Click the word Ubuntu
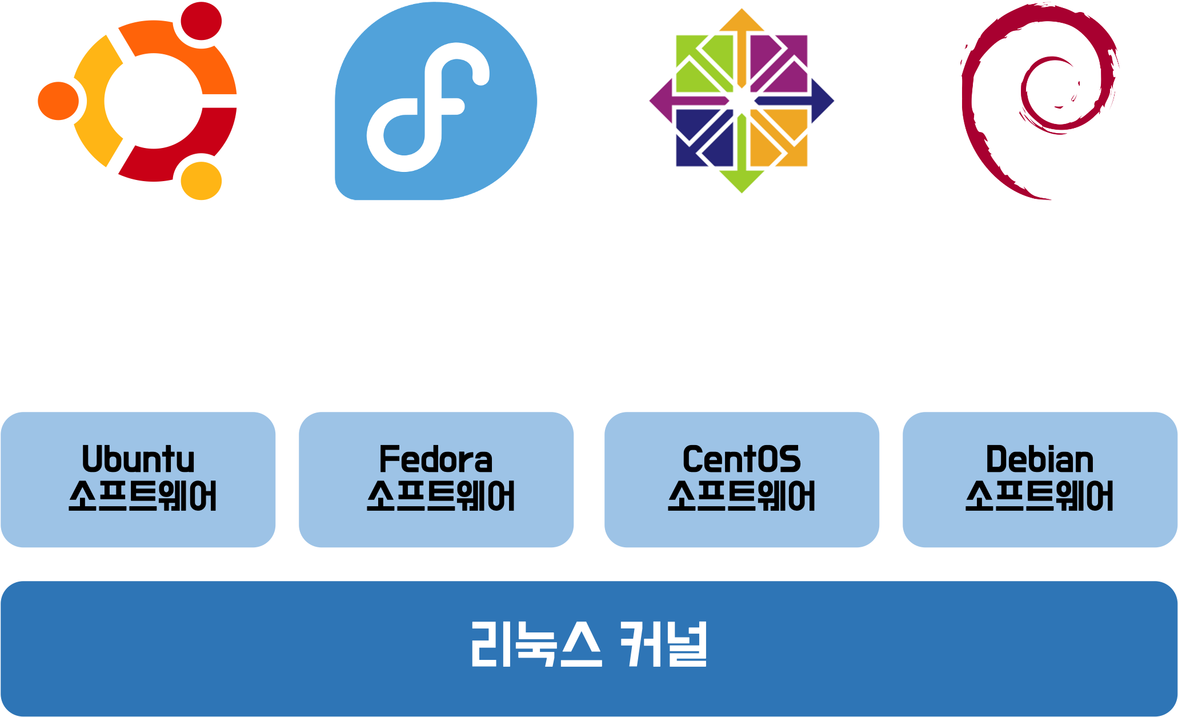click(x=138, y=459)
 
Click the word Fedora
click(x=435, y=459)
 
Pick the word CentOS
click(x=742, y=459)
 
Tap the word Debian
click(x=1039, y=459)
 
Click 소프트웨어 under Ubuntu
click(x=142, y=496)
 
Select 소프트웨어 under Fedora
click(x=440, y=496)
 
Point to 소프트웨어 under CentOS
click(x=742, y=496)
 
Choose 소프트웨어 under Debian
click(x=1039, y=496)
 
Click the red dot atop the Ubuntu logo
click(x=201, y=21)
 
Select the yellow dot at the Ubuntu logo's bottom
click(x=201, y=181)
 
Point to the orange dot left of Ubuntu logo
click(x=58, y=101)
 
